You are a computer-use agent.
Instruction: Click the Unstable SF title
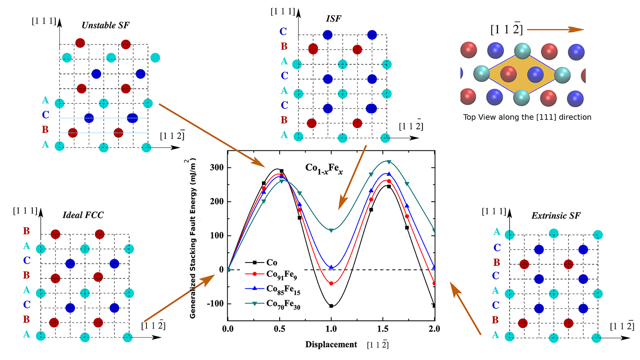106,25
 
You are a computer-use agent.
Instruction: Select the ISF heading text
333,18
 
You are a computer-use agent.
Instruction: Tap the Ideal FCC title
83,215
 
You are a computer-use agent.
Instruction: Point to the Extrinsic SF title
556,216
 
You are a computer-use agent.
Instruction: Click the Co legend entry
272,262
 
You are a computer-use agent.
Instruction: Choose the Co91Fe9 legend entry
281,275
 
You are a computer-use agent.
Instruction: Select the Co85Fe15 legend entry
283,289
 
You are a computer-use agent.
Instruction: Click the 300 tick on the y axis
216,168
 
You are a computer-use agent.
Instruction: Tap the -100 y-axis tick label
215,304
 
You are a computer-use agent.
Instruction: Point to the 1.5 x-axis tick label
383,329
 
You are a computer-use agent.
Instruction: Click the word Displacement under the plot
331,344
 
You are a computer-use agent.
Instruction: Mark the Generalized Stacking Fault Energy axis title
193,238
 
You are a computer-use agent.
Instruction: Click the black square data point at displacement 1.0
331,306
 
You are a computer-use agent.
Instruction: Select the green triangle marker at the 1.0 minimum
331,230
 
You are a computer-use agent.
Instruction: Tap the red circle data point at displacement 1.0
331,284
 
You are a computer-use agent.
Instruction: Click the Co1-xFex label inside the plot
324,168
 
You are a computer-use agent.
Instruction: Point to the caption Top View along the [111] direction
527,117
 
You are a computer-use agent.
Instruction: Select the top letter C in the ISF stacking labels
283,31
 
